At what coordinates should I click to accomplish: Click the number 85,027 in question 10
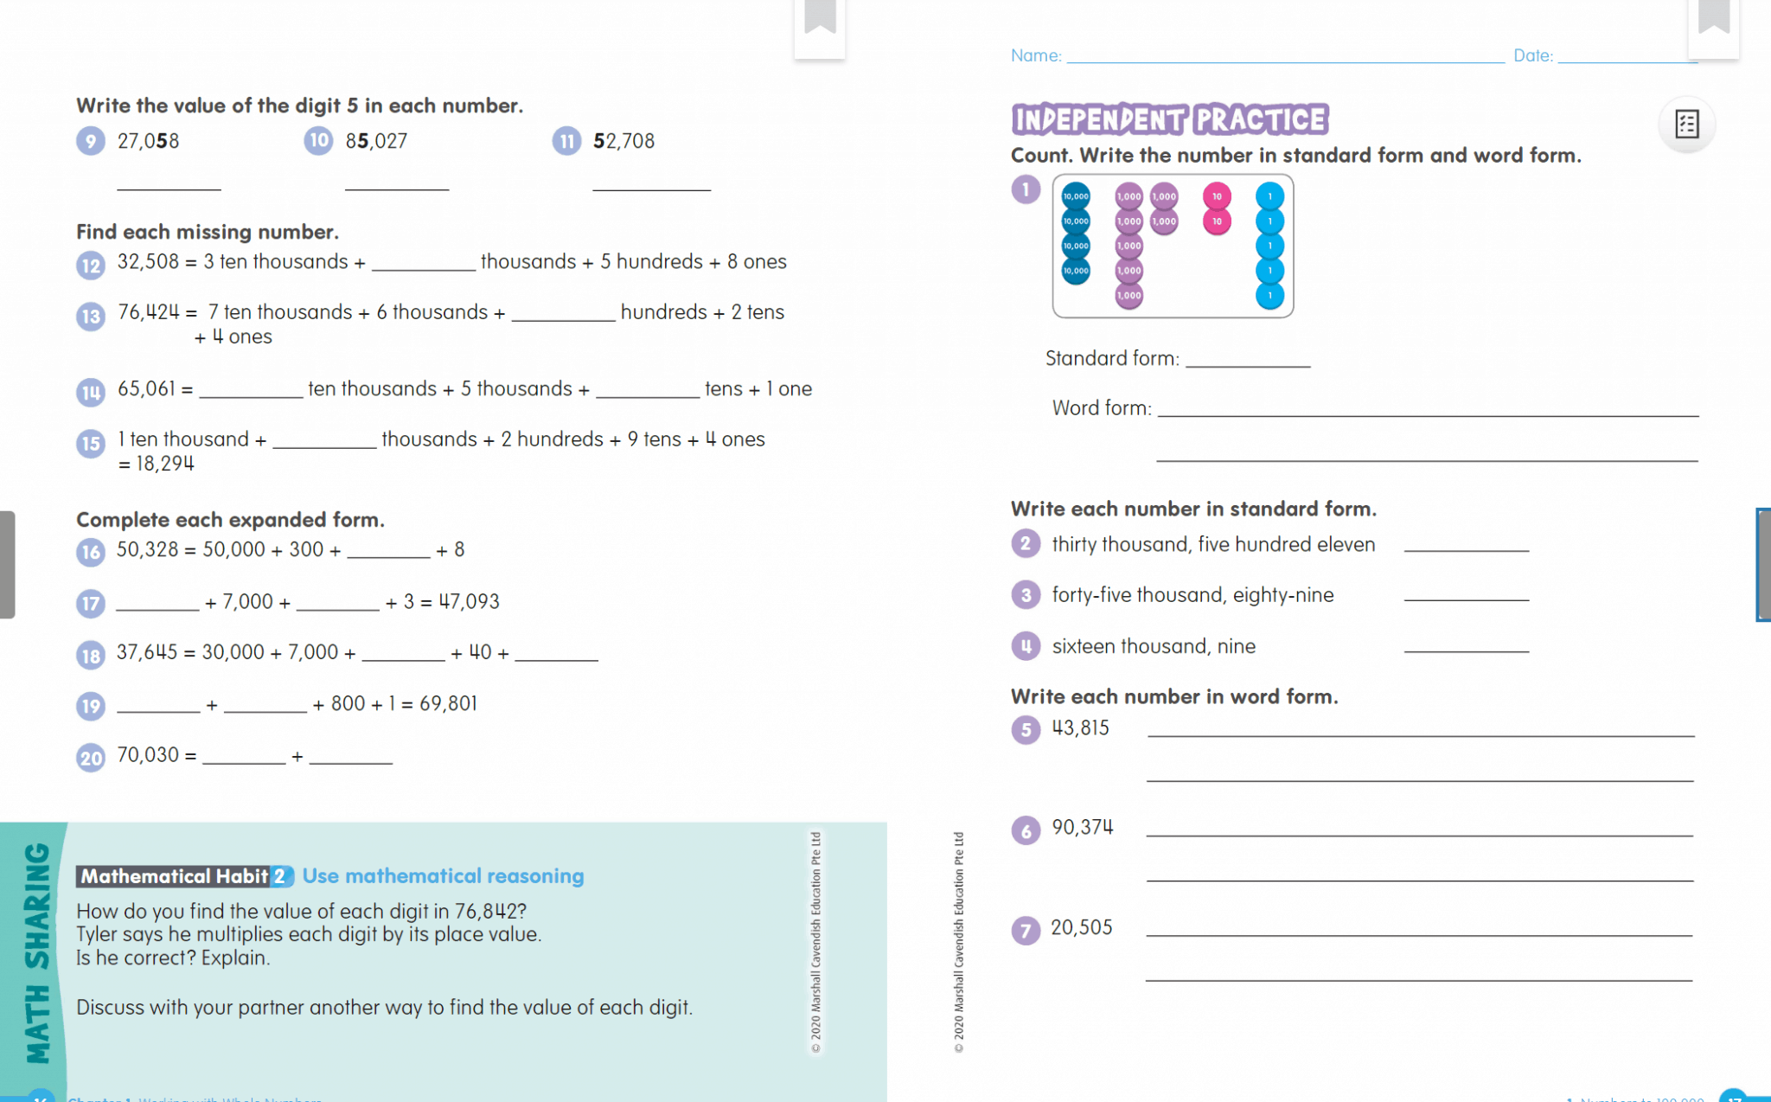pyautogui.click(x=376, y=141)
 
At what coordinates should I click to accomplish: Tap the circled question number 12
pyautogui.click(x=91, y=265)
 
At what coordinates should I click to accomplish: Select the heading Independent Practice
pyautogui.click(x=1169, y=119)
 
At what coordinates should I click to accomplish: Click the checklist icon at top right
pyautogui.click(x=1686, y=125)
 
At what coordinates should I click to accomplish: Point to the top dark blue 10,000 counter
pyautogui.click(x=1076, y=196)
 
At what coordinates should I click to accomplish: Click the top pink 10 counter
pyautogui.click(x=1217, y=196)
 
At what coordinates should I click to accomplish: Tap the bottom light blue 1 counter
pyautogui.click(x=1269, y=296)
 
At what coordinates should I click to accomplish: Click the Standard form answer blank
pyautogui.click(x=1248, y=360)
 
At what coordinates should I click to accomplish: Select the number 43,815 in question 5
pyautogui.click(x=1080, y=728)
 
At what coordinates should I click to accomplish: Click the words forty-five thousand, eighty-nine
pyautogui.click(x=1192, y=595)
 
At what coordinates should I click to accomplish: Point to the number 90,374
pyautogui.click(x=1082, y=828)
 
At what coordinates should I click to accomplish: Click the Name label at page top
pyautogui.click(x=1036, y=56)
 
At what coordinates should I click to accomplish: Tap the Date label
pyautogui.click(x=1532, y=56)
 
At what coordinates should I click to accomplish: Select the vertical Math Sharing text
pyautogui.click(x=37, y=952)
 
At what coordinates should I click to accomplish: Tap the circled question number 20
pyautogui.click(x=91, y=759)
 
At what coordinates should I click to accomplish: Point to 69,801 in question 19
pyautogui.click(x=448, y=704)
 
